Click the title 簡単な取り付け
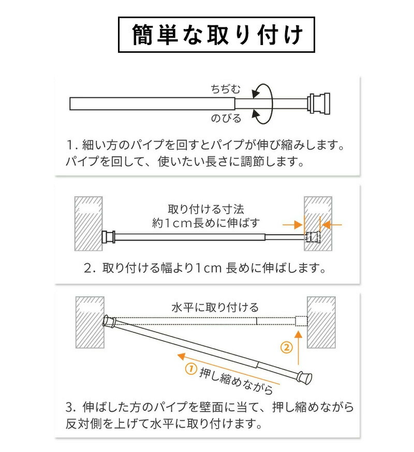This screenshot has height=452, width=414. click(217, 35)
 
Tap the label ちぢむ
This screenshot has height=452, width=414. click(225, 89)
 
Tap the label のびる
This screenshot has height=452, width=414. click(226, 119)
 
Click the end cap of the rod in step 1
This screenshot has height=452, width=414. click(318, 104)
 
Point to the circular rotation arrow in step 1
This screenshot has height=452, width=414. click(272, 104)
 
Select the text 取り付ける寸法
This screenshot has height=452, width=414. click(206, 209)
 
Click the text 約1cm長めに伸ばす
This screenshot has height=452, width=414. click(206, 223)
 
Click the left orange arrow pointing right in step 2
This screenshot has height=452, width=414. click(293, 225)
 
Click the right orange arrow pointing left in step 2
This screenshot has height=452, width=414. click(331, 225)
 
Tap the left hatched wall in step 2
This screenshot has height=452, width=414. click(88, 224)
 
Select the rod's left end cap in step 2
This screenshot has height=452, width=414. click(109, 237)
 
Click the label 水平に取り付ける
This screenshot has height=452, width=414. click(215, 308)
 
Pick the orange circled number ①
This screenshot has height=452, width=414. click(191, 369)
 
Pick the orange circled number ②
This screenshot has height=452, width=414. click(286, 347)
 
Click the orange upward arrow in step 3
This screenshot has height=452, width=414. click(299, 348)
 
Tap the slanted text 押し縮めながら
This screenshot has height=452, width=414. click(235, 381)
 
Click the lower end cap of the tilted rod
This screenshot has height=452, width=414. click(305, 377)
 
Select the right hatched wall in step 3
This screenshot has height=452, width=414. click(321, 322)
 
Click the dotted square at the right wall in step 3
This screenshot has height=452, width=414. click(301, 322)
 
